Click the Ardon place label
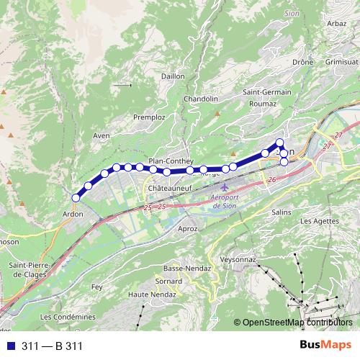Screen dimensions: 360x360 tap(73, 214)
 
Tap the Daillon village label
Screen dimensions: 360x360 tap(173, 74)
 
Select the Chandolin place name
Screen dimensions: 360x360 tap(201, 99)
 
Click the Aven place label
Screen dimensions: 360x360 tap(102, 135)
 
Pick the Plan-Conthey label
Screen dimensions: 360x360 tap(167, 161)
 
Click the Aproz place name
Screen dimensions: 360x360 tap(186, 228)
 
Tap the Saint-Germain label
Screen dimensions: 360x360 tap(266, 92)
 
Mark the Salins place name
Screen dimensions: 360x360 tap(281, 212)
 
